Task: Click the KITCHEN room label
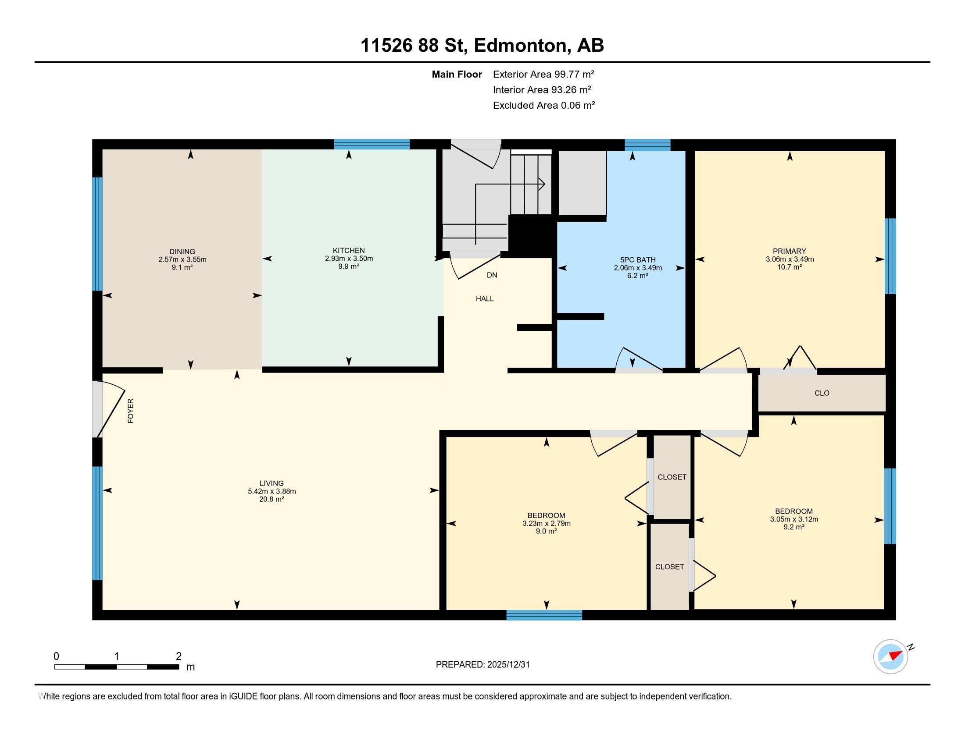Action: pyautogui.click(x=349, y=251)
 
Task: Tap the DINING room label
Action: pyautogui.click(x=182, y=252)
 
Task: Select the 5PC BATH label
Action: pyautogui.click(x=638, y=260)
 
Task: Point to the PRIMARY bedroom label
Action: pyautogui.click(x=790, y=251)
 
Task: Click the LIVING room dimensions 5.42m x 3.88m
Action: pyautogui.click(x=272, y=491)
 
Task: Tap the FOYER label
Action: pyautogui.click(x=130, y=411)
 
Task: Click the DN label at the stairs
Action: pyautogui.click(x=492, y=275)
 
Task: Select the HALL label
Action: pyautogui.click(x=485, y=299)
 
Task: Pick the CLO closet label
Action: pyautogui.click(x=822, y=393)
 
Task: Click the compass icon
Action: pyautogui.click(x=890, y=657)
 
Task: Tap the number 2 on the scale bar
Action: pyautogui.click(x=179, y=656)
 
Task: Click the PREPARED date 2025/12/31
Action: pyautogui.click(x=508, y=665)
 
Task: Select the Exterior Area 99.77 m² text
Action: pyautogui.click(x=543, y=74)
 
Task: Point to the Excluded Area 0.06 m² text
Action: pyautogui.click(x=544, y=105)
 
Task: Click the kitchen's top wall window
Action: pyautogui.click(x=372, y=144)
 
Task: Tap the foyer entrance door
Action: pyautogui.click(x=110, y=409)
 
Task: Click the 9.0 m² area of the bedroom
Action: pyautogui.click(x=546, y=532)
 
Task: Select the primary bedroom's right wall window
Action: pyautogui.click(x=890, y=256)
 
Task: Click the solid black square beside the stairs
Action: pyautogui.click(x=531, y=236)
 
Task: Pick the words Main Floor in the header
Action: pyautogui.click(x=457, y=74)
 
